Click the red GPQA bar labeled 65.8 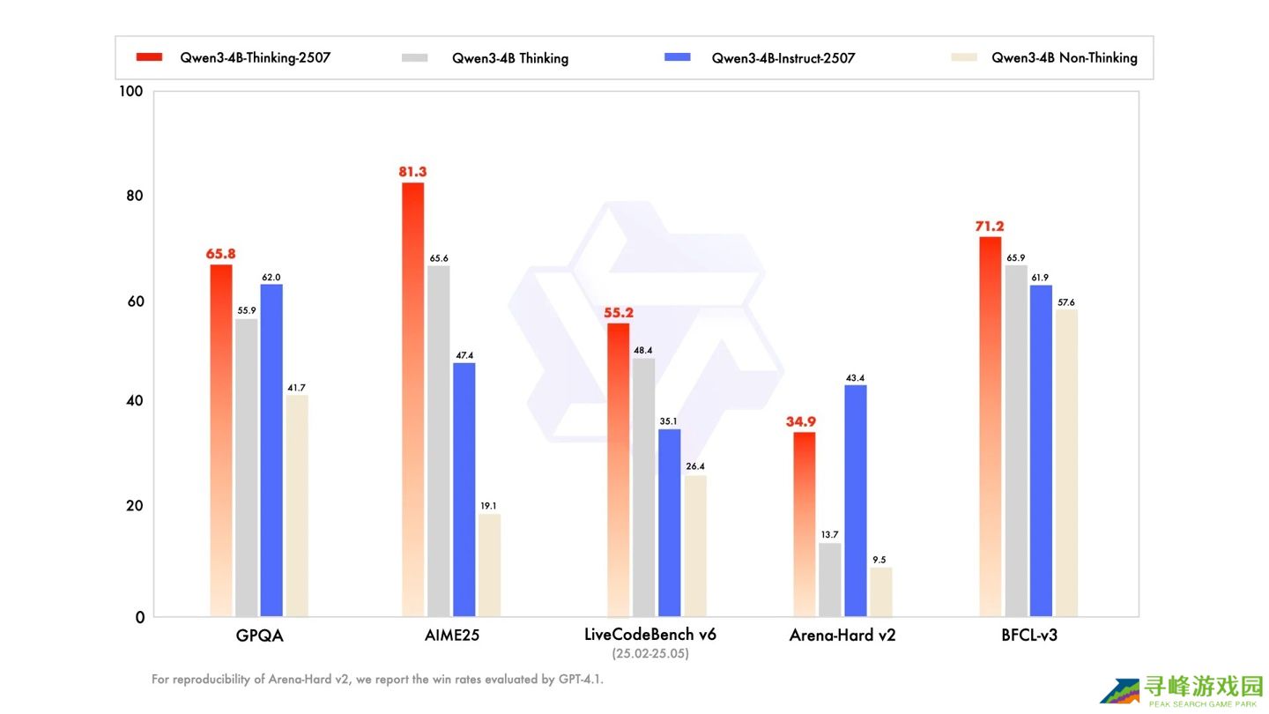point(221,441)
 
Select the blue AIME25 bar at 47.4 point(464,489)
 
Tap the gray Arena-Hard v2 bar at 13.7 point(829,580)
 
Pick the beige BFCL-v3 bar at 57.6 point(1066,463)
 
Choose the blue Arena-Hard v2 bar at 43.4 point(856,501)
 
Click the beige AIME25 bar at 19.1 point(489,566)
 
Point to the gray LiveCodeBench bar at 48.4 point(643,487)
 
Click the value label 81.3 point(412,172)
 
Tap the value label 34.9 point(800,421)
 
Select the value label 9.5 point(879,560)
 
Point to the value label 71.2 point(989,226)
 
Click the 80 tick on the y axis point(134,196)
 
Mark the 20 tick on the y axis point(134,505)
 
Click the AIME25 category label point(452,636)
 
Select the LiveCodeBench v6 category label point(650,634)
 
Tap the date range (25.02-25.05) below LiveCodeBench point(650,653)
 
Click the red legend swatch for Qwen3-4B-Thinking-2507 point(149,56)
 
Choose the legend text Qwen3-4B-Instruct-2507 point(783,58)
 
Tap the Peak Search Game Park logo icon point(1120,691)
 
